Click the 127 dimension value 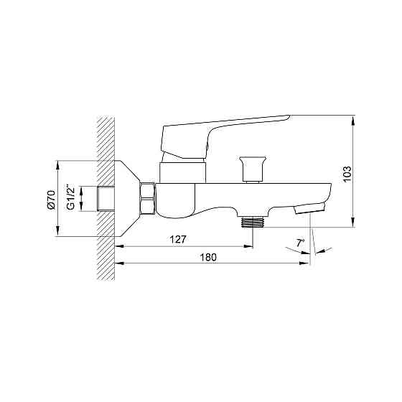tap(178, 240)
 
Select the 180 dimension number tap(208, 257)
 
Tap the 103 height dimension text tap(347, 174)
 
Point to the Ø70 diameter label tap(52, 200)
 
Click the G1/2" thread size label tap(70, 197)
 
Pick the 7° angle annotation tap(300, 243)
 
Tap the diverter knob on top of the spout tap(253, 169)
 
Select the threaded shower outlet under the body tap(253, 222)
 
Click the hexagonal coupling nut tap(148, 198)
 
